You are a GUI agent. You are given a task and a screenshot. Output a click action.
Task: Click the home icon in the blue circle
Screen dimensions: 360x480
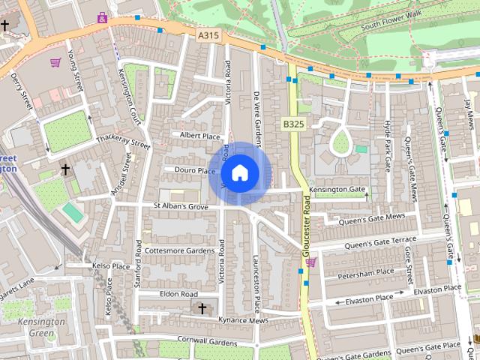click(239, 173)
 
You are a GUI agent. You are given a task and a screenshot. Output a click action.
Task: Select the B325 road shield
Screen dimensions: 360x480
click(293, 123)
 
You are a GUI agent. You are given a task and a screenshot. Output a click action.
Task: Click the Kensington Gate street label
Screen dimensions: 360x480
click(338, 190)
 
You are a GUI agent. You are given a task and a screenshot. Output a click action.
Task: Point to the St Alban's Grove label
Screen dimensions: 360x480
click(180, 205)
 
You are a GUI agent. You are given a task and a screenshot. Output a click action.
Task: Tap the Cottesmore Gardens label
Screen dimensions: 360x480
click(179, 250)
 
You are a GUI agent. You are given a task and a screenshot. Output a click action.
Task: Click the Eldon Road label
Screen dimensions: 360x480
click(178, 294)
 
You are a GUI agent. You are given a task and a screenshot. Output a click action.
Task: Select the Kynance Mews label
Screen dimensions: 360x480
click(244, 320)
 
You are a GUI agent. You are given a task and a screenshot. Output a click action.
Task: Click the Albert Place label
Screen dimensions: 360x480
click(200, 136)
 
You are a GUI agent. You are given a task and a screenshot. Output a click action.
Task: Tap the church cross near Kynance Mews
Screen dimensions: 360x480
click(201, 308)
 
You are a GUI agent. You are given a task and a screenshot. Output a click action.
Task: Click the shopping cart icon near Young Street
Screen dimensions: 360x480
click(55, 63)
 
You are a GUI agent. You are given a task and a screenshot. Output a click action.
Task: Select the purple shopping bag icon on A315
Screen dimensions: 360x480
click(102, 16)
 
